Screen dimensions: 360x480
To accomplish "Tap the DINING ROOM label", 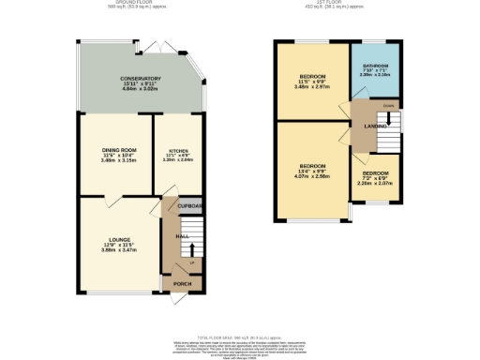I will click(x=119, y=149).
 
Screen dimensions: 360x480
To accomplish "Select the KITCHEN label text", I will click(x=178, y=150).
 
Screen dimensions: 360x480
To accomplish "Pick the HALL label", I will click(x=184, y=235).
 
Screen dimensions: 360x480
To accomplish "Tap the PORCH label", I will click(x=180, y=282).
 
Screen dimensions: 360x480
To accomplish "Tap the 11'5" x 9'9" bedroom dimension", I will click(x=312, y=82).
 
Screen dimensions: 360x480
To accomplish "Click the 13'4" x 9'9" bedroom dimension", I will click(x=312, y=171).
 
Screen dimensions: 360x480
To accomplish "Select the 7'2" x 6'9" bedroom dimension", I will click(x=375, y=179).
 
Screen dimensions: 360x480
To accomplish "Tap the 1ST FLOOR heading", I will click(x=338, y=3).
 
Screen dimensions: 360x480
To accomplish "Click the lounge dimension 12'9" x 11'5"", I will click(x=118, y=246).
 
